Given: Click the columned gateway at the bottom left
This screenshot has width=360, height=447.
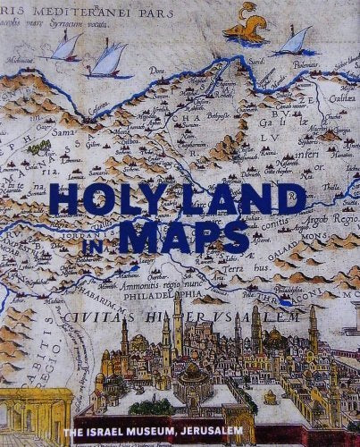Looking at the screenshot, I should pyautogui.click(x=31, y=416).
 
